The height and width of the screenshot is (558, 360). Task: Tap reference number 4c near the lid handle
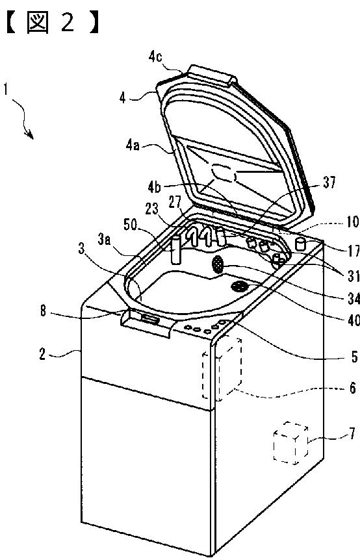tap(155, 57)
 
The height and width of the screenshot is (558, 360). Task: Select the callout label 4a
tap(133, 146)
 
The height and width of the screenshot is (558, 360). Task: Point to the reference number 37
tap(329, 183)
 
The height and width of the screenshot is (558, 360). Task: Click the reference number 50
tap(131, 225)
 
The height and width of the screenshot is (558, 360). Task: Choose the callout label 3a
tap(104, 240)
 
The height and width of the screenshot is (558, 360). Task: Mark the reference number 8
tap(43, 311)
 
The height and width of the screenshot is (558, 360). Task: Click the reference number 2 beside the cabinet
tap(42, 354)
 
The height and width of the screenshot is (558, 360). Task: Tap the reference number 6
tap(352, 388)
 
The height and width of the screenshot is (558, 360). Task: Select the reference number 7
tap(352, 434)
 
